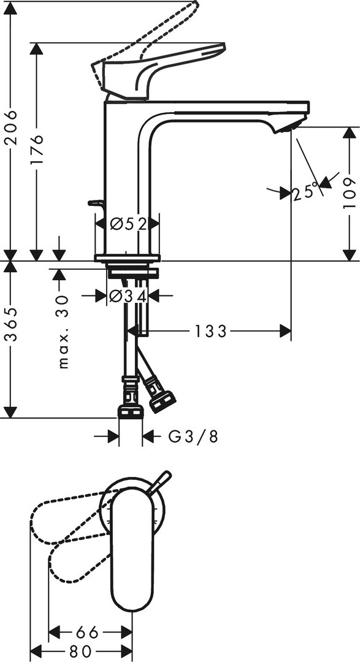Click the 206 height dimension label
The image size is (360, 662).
pos(11,127)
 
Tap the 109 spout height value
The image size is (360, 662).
pos(350,193)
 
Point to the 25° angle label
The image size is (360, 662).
pos(305,192)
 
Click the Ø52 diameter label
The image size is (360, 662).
pos(128,223)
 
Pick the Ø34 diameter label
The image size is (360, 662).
pos(128,297)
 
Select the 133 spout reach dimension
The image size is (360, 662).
pos(210,332)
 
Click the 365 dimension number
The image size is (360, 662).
pos(11,324)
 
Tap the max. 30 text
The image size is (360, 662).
pos(63,332)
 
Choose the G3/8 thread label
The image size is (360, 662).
pos(193,436)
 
